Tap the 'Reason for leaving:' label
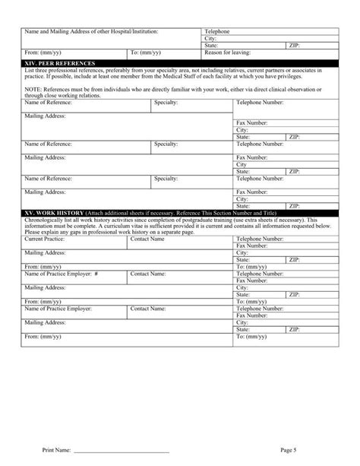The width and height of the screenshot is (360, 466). [228, 52]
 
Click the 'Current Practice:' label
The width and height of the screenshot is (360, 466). [45, 239]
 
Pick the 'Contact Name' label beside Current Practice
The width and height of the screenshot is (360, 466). [147, 239]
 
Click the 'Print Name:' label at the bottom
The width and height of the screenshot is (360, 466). [58, 451]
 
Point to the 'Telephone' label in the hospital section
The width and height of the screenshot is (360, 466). [217, 31]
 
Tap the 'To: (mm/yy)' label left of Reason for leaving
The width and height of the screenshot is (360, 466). [144, 52]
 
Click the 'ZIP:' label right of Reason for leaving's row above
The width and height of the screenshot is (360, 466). [294, 45]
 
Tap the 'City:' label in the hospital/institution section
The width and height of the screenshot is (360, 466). [210, 38]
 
